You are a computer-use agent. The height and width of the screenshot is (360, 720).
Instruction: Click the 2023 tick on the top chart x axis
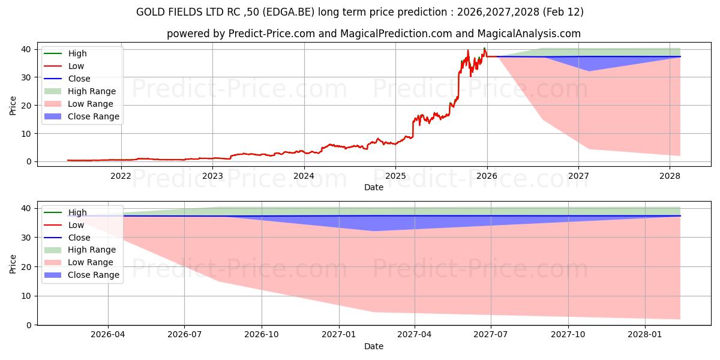(x=212, y=176)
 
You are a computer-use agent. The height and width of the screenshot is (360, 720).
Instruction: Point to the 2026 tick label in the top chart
(x=487, y=176)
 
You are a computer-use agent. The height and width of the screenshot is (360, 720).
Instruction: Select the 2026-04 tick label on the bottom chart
(x=108, y=335)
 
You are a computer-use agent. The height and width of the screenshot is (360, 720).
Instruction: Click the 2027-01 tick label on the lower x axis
(x=340, y=335)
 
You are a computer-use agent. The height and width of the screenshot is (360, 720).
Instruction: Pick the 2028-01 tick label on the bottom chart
(x=645, y=335)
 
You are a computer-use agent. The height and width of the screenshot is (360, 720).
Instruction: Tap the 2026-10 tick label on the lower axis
(x=262, y=335)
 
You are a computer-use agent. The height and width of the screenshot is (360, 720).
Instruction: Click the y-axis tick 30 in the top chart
(x=26, y=77)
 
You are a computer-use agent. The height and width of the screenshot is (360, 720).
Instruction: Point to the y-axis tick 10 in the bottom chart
(x=26, y=296)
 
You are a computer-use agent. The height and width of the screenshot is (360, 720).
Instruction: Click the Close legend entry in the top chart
(x=79, y=79)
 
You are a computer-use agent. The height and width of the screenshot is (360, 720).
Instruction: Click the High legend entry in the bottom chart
(x=77, y=212)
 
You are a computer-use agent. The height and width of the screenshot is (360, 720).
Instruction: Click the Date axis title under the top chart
(x=374, y=188)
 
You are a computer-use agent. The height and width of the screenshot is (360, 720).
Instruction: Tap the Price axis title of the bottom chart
(x=13, y=263)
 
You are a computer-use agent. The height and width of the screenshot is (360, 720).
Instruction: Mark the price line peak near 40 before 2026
(x=484, y=48)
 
